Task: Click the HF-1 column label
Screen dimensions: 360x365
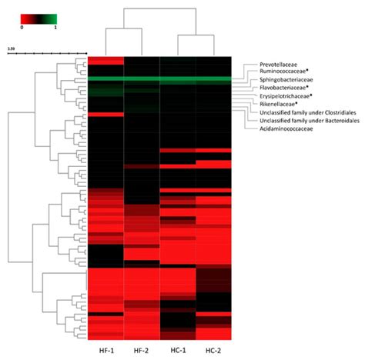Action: click(x=105, y=352)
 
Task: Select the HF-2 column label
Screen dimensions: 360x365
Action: click(x=142, y=352)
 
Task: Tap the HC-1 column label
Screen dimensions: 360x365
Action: click(x=178, y=352)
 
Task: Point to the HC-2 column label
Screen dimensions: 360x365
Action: click(x=213, y=352)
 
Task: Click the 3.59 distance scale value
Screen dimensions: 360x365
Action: click(x=12, y=48)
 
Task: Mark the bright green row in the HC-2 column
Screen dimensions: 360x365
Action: click(x=213, y=80)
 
